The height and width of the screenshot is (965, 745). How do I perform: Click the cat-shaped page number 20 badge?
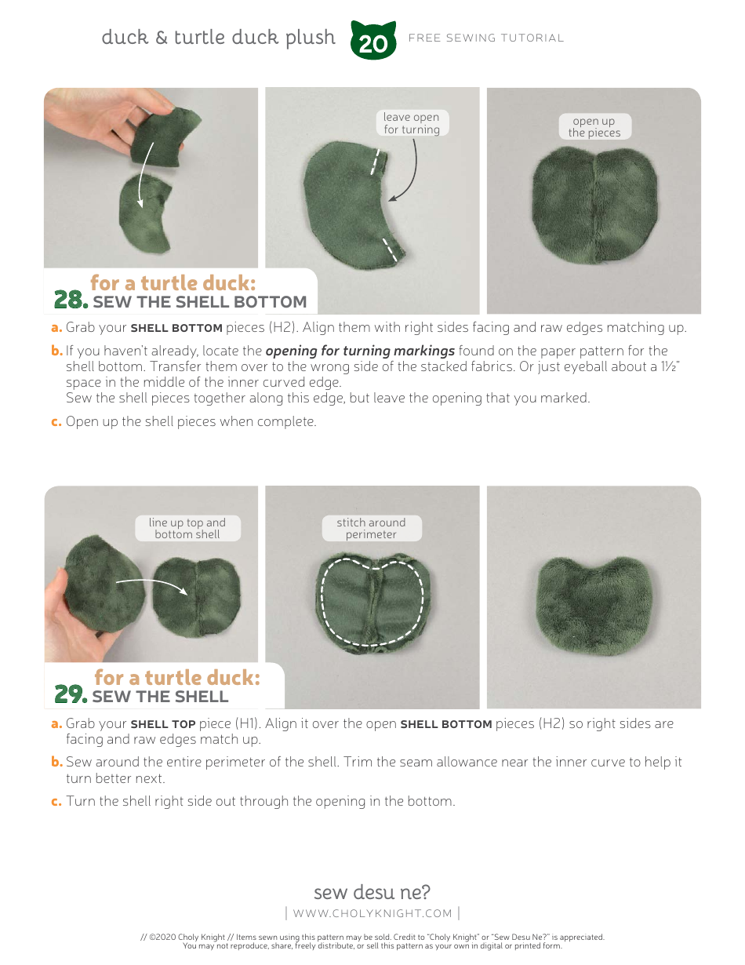373,41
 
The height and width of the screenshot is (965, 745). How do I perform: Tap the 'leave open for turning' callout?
412,123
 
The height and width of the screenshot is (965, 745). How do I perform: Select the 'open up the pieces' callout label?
594,127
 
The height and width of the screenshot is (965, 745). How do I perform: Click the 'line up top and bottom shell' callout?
187,528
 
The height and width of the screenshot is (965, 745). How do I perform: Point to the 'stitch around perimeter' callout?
371,528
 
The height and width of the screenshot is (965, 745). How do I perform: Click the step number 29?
71,695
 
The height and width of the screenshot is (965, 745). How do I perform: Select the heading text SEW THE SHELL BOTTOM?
199,302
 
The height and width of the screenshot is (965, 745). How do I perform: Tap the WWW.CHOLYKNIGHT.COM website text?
372,913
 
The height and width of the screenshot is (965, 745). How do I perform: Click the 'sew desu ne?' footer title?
372,892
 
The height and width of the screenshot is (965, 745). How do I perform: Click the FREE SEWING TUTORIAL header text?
486,38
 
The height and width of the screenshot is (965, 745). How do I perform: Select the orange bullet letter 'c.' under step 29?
56,801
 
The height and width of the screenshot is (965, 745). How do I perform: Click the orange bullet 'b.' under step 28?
56,351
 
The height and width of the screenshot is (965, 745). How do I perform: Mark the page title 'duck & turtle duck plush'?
218,38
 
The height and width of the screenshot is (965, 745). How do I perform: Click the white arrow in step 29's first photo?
152,584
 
